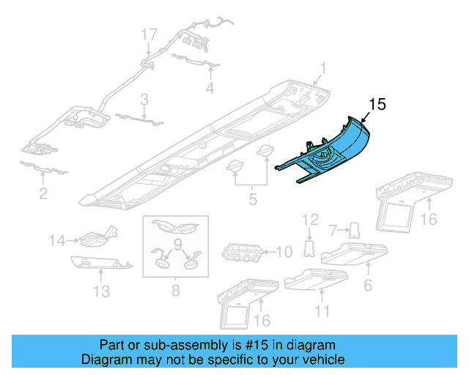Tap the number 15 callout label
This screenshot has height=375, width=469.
click(x=377, y=105)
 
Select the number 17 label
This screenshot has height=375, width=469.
click(x=149, y=34)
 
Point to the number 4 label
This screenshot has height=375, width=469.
click(x=210, y=89)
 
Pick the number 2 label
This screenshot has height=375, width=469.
click(x=43, y=193)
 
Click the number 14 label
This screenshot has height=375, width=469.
click(x=57, y=239)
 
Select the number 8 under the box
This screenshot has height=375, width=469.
click(x=175, y=292)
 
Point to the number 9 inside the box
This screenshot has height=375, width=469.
click(x=177, y=243)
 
